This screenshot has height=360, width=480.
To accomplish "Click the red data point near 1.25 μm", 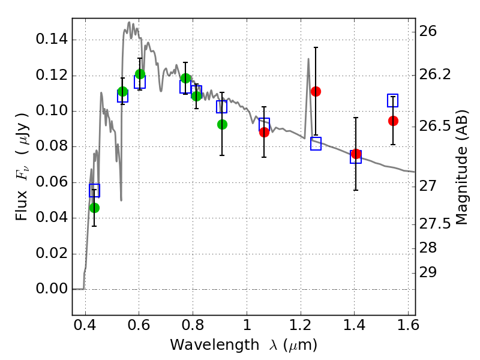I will tap(316, 91).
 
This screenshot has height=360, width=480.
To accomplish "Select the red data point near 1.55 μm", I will tap(393, 121).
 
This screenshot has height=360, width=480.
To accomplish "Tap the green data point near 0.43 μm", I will tap(94, 208).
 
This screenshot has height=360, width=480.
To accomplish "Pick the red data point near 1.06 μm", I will tap(264, 132).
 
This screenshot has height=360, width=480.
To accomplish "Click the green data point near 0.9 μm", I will tap(222, 124).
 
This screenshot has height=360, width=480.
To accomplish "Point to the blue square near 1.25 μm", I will tap(316, 143).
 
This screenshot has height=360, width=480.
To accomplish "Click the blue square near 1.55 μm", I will tap(393, 100).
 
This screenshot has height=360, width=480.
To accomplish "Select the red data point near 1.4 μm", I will tap(356, 154).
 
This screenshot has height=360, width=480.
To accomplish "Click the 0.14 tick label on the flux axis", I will tap(52, 40).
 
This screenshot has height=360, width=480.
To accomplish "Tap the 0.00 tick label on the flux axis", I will tap(52, 289).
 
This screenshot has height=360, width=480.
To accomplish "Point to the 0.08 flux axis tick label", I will tap(52, 147).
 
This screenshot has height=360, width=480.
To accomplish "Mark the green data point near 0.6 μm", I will tap(140, 74).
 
